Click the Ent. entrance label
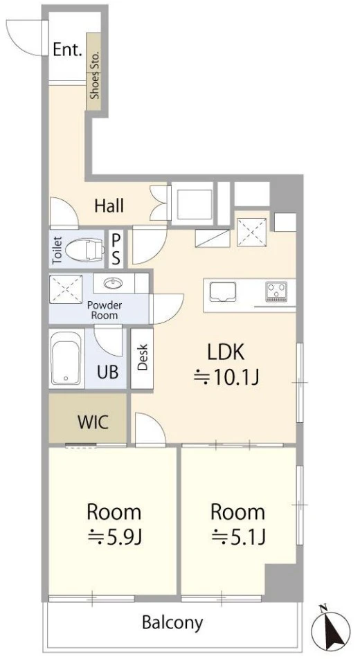pyautogui.click(x=67, y=50)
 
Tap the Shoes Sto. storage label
pyautogui.click(x=94, y=75)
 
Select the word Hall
pyautogui.click(x=109, y=206)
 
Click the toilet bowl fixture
pyautogui.click(x=84, y=249)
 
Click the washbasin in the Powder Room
pyautogui.click(x=112, y=283)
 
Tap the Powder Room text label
pyautogui.click(x=105, y=310)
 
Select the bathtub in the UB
pyautogui.click(x=66, y=359)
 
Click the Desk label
pyautogui.click(x=142, y=357)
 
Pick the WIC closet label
pyautogui.click(x=93, y=422)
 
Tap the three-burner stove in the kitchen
pyautogui.click(x=276, y=291)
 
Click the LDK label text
pyautogui.click(x=226, y=352)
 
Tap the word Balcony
pyautogui.click(x=172, y=622)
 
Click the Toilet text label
pyautogui.click(x=57, y=251)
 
